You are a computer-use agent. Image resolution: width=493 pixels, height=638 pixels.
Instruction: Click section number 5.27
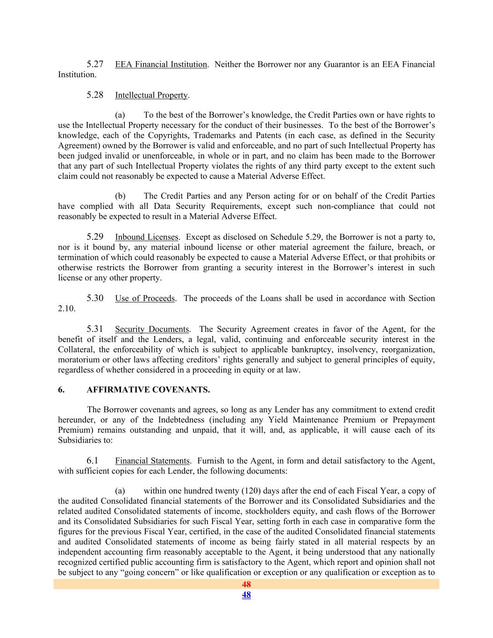pyautogui.click(x=95, y=64)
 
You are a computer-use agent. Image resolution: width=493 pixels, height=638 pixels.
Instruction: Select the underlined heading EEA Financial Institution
pyautogui.click(x=161, y=65)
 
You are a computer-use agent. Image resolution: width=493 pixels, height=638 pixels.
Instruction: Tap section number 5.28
pyautogui.click(x=95, y=95)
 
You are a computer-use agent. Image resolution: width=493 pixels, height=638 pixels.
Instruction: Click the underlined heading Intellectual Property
pyautogui.click(x=151, y=95)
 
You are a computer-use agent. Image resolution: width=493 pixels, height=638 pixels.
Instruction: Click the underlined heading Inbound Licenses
pyautogui.click(x=146, y=237)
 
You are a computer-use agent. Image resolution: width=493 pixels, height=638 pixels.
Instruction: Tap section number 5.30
pyautogui.click(x=95, y=298)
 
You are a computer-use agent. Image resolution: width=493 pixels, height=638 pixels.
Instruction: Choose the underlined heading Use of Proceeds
pyautogui.click(x=145, y=299)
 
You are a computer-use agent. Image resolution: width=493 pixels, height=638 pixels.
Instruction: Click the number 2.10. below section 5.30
pyautogui.click(x=67, y=309)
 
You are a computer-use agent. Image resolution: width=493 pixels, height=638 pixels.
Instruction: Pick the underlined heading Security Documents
pyautogui.click(x=152, y=329)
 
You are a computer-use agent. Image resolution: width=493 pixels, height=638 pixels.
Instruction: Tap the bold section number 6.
pyautogui.click(x=61, y=390)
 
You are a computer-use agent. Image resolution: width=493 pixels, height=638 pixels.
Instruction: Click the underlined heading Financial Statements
pyautogui.click(x=152, y=461)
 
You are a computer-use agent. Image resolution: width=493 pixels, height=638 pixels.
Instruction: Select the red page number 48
pyautogui.click(x=246, y=584)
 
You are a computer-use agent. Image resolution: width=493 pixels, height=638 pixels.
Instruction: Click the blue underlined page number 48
pyautogui.click(x=246, y=595)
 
